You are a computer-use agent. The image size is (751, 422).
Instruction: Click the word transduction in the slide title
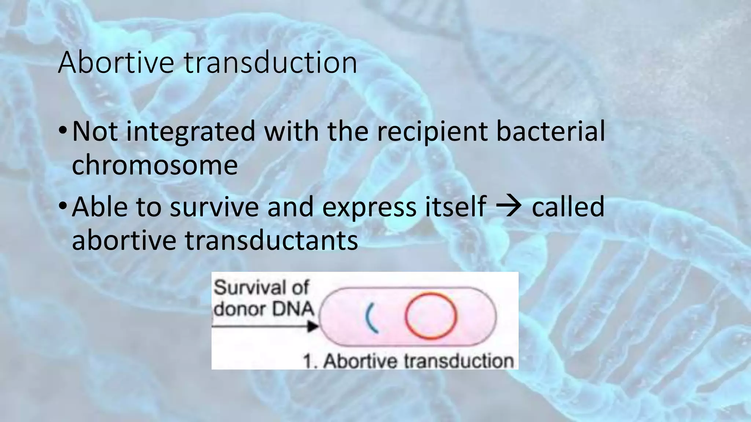[270, 63]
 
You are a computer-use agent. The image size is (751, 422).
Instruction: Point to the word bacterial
[550, 131]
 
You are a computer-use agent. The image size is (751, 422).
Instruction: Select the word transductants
[271, 241]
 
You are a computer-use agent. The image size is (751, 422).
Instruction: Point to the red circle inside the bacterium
[431, 315]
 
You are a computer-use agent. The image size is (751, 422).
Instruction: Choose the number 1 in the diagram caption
[308, 361]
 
